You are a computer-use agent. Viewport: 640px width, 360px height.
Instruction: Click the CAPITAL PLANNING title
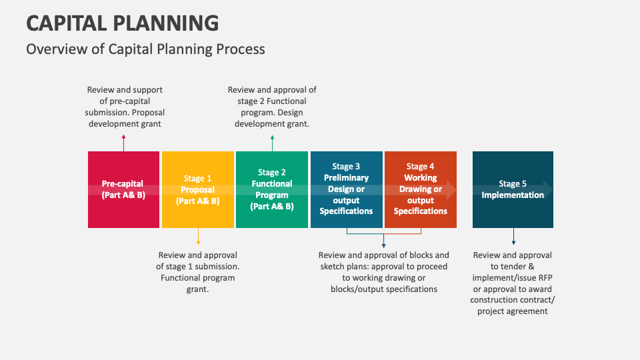coord(123,23)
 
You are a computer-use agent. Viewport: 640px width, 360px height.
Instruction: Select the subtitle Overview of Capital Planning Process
coord(146,49)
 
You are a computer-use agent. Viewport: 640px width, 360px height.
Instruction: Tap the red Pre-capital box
coord(124,189)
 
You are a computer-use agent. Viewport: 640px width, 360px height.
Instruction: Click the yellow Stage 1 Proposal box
coord(198,189)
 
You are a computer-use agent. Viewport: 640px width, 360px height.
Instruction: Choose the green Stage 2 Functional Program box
coord(272,189)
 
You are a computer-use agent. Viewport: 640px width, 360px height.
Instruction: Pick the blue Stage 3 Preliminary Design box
coord(347,189)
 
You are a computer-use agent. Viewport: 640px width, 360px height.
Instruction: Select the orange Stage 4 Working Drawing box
coord(421,189)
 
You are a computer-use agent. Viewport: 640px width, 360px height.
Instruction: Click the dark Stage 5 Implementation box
coord(513,189)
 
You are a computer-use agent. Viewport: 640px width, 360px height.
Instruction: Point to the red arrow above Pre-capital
coord(124,143)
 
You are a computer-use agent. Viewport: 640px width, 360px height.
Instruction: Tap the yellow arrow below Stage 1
coord(198,236)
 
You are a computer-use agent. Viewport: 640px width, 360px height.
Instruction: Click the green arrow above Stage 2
coord(272,143)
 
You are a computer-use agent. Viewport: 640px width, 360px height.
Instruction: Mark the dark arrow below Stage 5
coord(513,236)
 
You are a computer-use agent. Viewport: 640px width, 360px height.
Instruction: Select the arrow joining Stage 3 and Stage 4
coord(384,234)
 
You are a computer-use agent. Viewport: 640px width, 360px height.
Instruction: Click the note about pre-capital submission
coord(125,107)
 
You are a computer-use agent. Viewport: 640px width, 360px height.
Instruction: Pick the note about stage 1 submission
coord(197,272)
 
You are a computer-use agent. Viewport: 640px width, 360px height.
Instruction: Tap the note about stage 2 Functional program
coord(272,107)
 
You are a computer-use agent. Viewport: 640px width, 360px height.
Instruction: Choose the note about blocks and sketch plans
coord(384,272)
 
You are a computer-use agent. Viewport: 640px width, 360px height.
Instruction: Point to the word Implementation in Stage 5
coord(513,195)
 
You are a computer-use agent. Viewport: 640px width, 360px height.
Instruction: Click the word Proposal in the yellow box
coord(197,190)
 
